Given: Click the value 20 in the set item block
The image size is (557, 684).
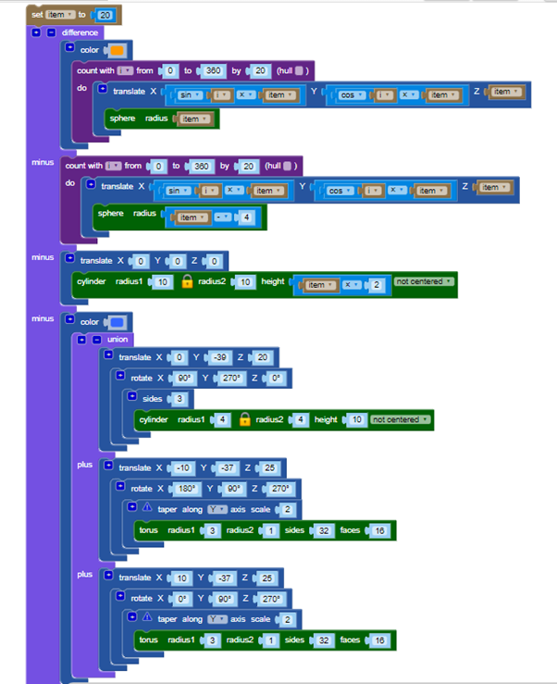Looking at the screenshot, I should [x=105, y=15].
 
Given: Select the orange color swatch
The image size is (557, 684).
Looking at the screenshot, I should [x=118, y=50].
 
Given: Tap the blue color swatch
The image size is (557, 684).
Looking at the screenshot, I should [x=118, y=322].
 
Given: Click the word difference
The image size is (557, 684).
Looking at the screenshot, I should [x=80, y=32].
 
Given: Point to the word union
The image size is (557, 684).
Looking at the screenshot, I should [x=117, y=340].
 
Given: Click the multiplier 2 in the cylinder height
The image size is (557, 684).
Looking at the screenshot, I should [x=377, y=285].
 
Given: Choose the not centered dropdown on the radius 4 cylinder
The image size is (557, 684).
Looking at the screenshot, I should [x=401, y=419].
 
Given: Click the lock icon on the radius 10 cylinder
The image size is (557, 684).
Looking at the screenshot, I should [x=186, y=281].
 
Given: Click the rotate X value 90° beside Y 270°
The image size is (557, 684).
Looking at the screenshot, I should [x=185, y=379].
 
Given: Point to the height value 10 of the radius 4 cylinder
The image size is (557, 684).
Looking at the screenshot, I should [x=355, y=419].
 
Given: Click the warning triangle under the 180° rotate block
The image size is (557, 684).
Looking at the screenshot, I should [x=146, y=509].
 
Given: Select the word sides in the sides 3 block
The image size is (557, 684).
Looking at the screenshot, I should [x=152, y=399].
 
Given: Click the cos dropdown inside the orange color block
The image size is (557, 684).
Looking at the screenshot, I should [x=350, y=95].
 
